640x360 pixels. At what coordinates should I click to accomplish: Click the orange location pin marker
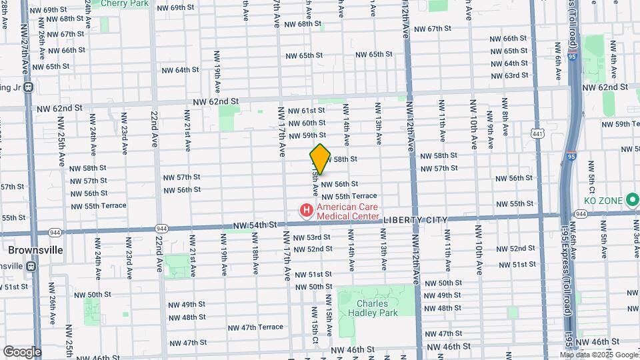coord(320,159)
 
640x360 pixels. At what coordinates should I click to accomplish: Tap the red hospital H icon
coord(307,211)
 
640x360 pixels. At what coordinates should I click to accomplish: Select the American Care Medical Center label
coord(347,211)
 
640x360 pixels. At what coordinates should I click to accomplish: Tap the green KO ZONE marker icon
coord(632,201)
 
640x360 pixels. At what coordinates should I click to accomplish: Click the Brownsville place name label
coord(35,250)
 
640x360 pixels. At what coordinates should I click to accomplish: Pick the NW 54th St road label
coord(254,226)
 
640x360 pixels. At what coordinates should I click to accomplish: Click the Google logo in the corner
coord(21,351)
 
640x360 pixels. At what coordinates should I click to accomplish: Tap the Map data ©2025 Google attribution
coord(598,355)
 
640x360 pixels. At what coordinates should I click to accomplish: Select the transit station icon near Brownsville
coord(31,266)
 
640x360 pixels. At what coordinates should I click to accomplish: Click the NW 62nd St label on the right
coord(605,87)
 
